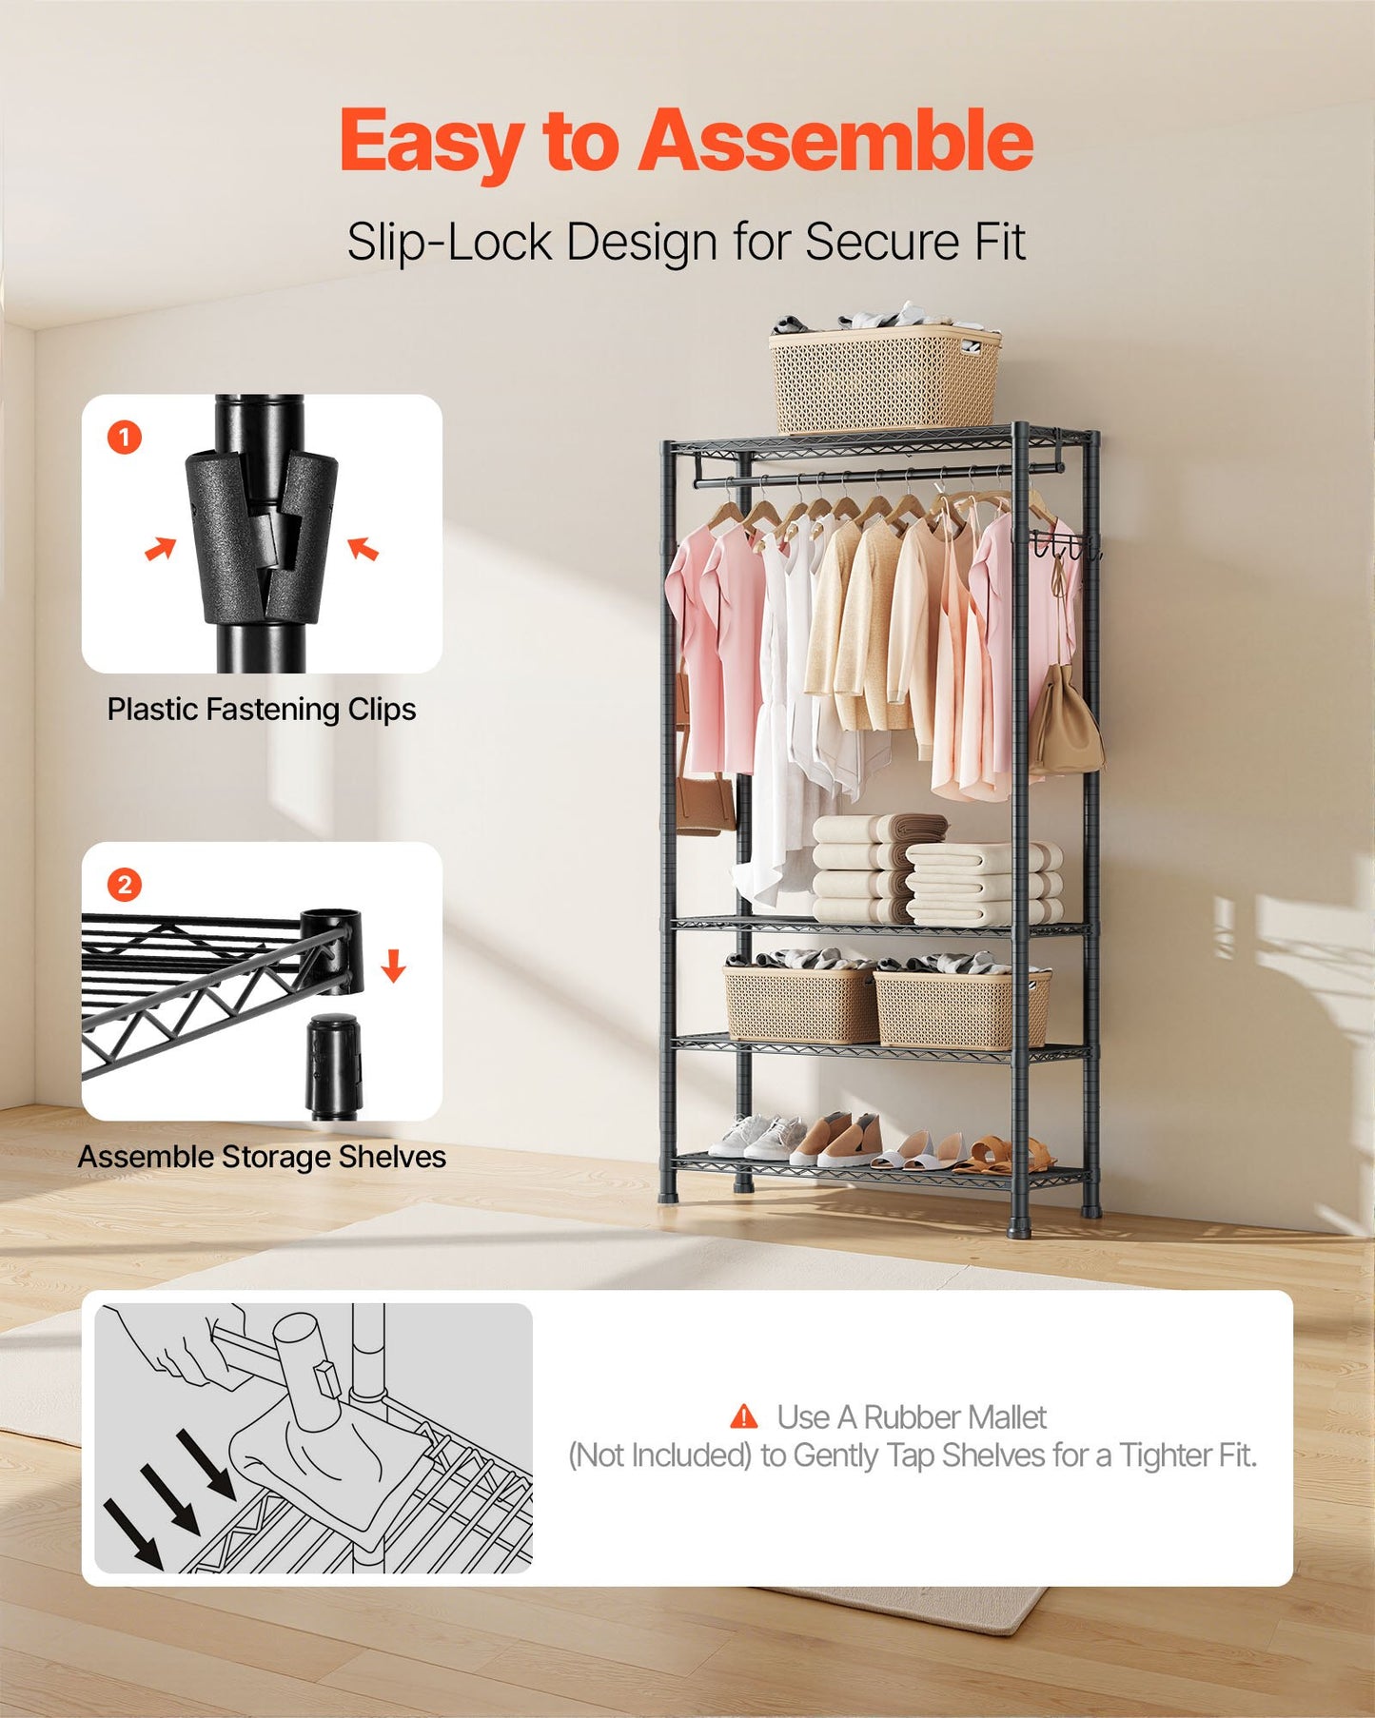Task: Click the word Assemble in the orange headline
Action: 835,141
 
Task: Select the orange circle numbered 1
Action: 125,438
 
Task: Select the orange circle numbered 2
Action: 125,885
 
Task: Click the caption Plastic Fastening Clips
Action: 261,710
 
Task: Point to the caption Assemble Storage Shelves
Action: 262,1157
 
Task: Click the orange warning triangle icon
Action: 743,1417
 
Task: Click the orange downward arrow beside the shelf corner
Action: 393,966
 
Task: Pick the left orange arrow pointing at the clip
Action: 161,549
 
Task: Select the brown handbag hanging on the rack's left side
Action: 704,799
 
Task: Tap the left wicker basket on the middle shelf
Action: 799,1004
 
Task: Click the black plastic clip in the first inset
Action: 261,537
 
